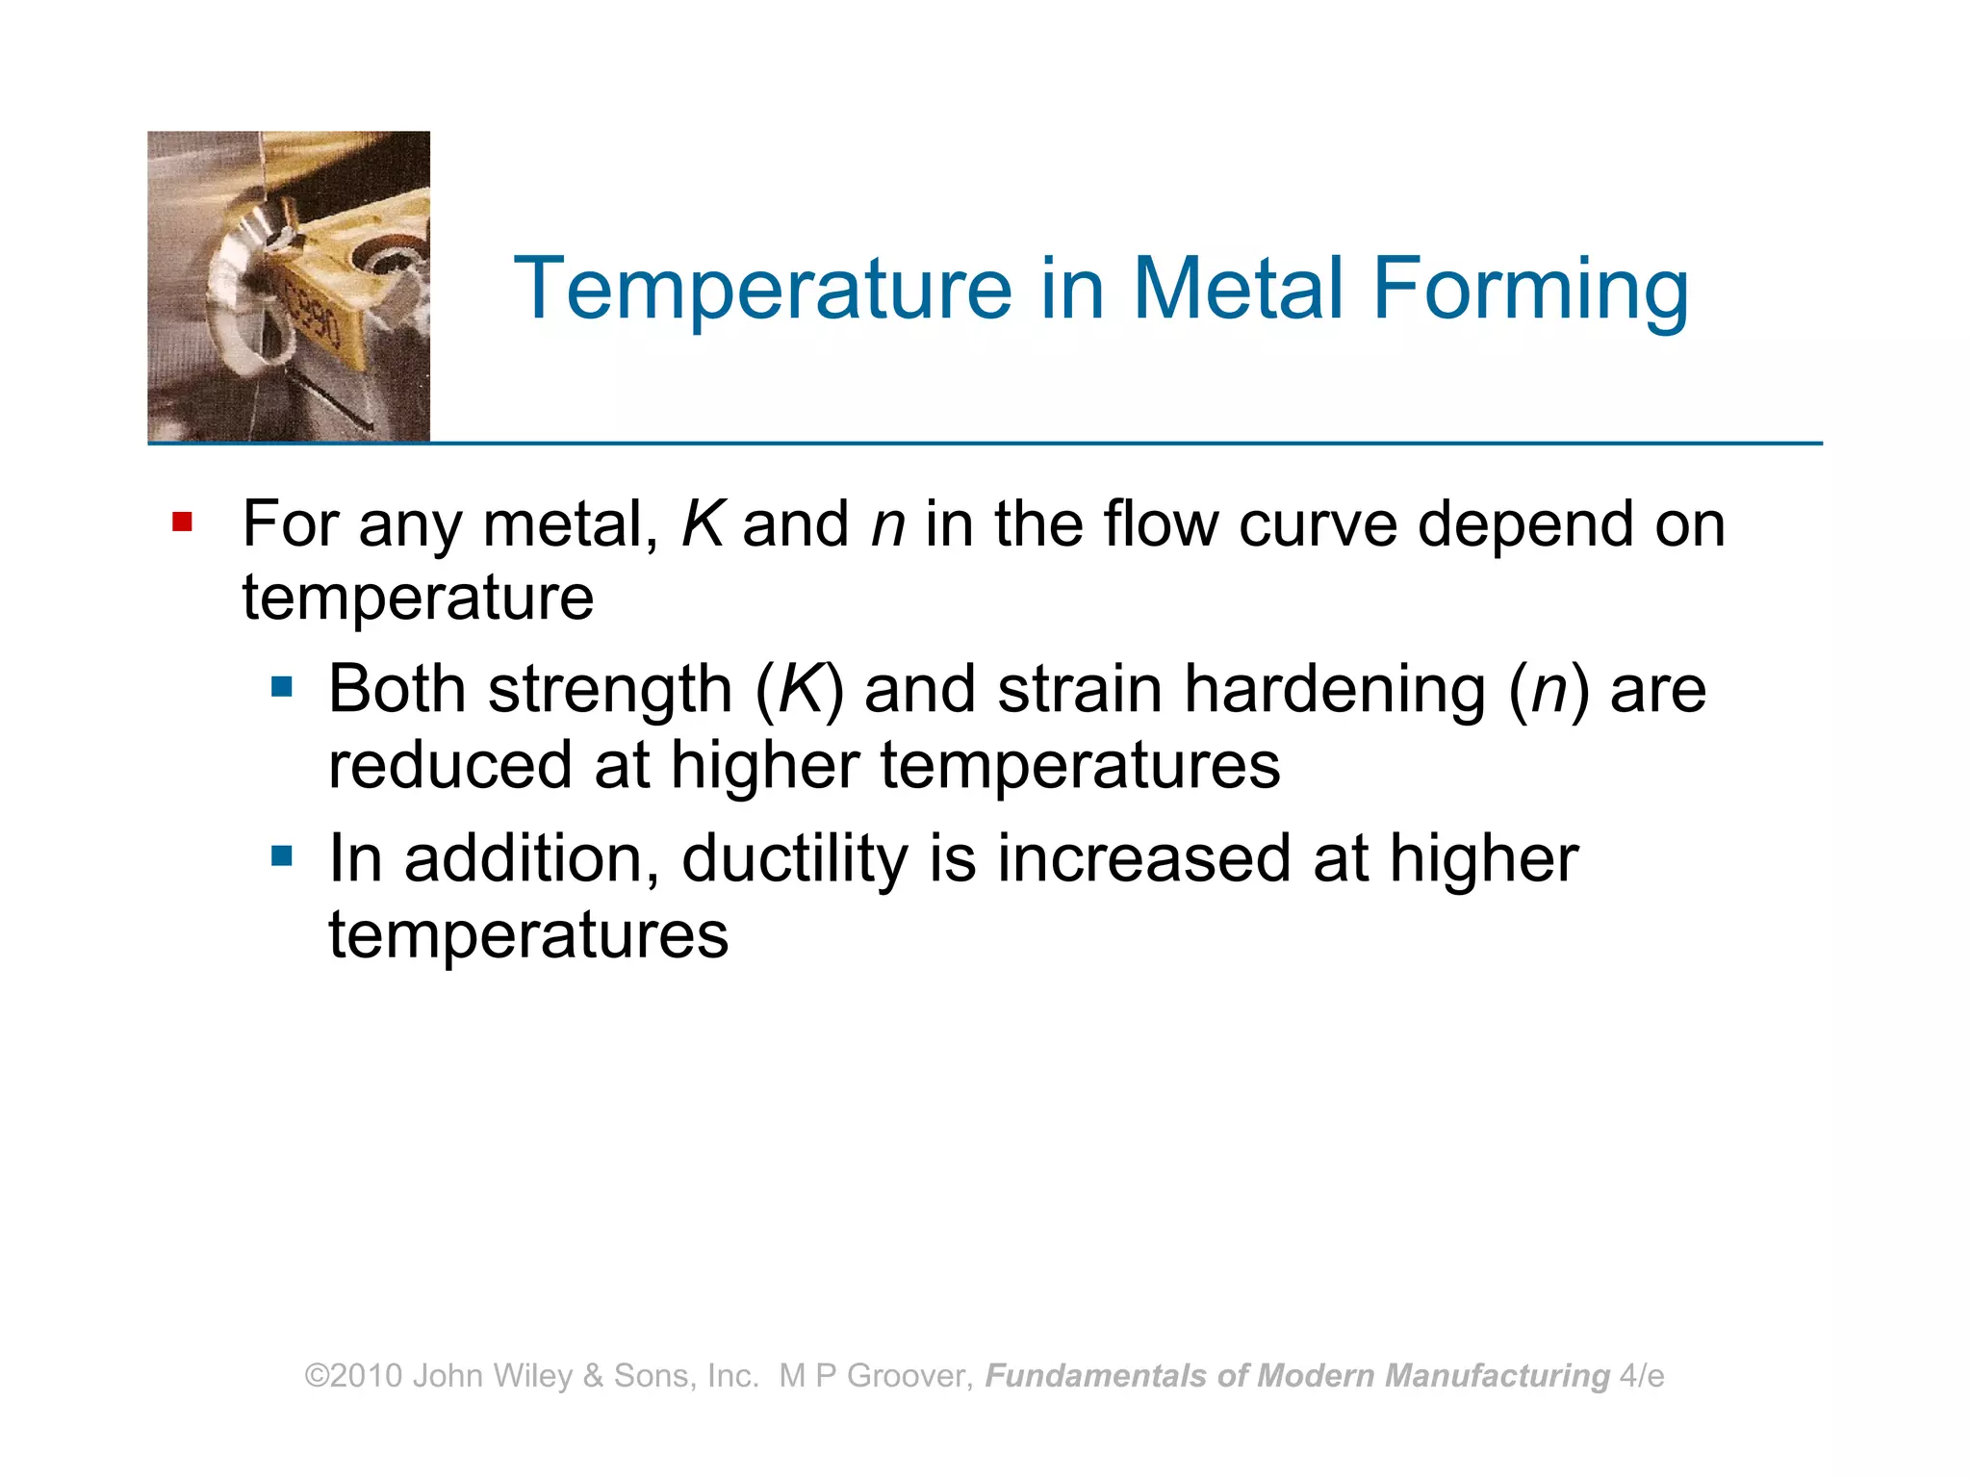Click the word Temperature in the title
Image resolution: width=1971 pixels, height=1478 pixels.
[762, 289]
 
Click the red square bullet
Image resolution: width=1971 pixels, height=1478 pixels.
[182, 522]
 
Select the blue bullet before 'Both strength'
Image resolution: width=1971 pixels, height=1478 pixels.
[281, 686]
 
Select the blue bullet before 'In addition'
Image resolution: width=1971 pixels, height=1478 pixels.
[281, 855]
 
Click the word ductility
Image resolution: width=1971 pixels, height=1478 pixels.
[794, 858]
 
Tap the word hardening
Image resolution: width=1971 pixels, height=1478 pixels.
[1334, 690]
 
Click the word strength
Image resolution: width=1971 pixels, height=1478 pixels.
[610, 690]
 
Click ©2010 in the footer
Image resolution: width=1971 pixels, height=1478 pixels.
[353, 1376]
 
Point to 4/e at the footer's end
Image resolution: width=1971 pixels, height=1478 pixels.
[1642, 1376]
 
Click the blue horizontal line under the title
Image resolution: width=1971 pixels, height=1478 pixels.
[1059, 444]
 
